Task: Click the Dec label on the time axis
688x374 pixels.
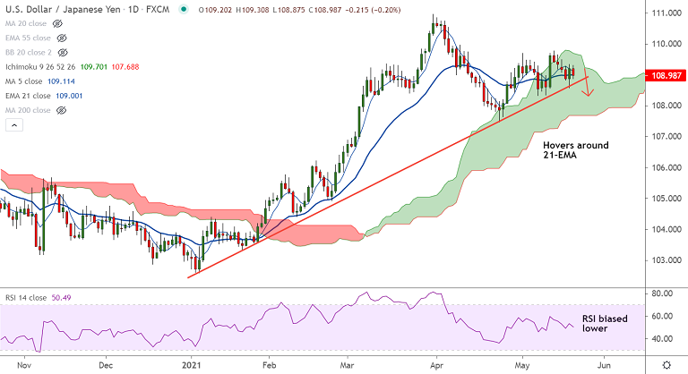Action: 105,365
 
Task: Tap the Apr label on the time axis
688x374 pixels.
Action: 436,365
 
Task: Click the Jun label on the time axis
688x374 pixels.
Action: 605,365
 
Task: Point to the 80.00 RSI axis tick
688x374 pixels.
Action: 663,293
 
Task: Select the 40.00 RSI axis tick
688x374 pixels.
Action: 663,339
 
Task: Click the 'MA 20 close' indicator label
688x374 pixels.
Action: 24,22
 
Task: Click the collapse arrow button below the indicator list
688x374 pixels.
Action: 13,126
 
